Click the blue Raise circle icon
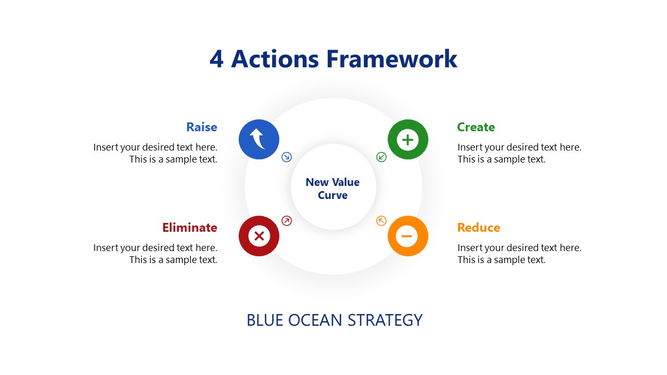(259, 140)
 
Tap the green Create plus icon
(407, 140)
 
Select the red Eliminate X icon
(259, 236)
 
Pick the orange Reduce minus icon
(407, 236)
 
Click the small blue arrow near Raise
(287, 157)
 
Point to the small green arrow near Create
(381, 157)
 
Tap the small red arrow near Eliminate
(287, 221)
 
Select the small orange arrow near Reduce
(381, 221)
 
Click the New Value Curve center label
(332, 189)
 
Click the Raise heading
(202, 127)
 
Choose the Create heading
(476, 127)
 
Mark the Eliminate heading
(190, 228)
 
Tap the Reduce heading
(478, 228)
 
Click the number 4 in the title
(216, 59)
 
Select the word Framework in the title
(392, 59)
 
